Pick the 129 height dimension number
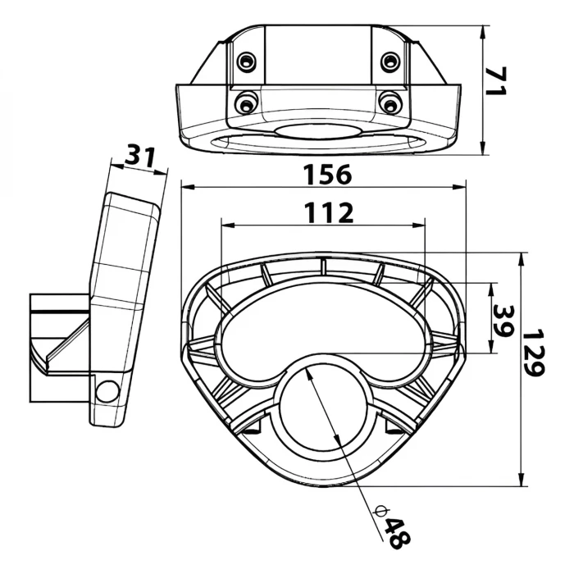(535, 353)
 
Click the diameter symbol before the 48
(380, 512)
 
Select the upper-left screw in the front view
(245, 61)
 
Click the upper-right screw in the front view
(391, 61)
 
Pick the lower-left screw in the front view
(244, 102)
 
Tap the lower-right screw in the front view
(391, 102)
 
